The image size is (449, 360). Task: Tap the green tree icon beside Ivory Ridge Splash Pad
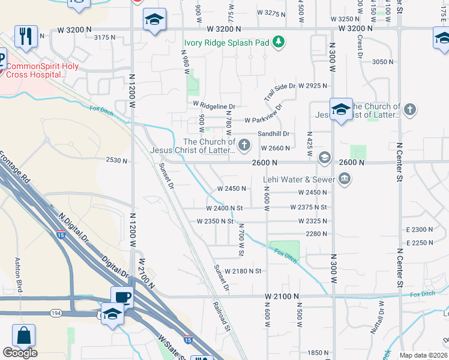278,42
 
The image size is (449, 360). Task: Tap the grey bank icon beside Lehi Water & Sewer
345,178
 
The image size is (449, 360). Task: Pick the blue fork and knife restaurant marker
26,37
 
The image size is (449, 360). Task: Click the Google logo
20,353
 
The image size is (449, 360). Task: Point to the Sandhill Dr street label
274,134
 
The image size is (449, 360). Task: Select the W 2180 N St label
243,271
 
